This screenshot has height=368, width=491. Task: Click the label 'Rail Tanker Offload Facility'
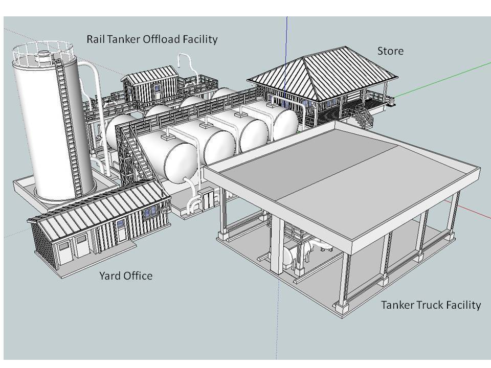coord(152,39)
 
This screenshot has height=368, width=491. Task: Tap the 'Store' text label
coord(390,51)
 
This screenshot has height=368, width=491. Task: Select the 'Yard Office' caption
coord(125,276)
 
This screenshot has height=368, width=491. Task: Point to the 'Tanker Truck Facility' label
coord(431,305)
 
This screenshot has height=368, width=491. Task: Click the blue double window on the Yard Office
coord(150,212)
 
